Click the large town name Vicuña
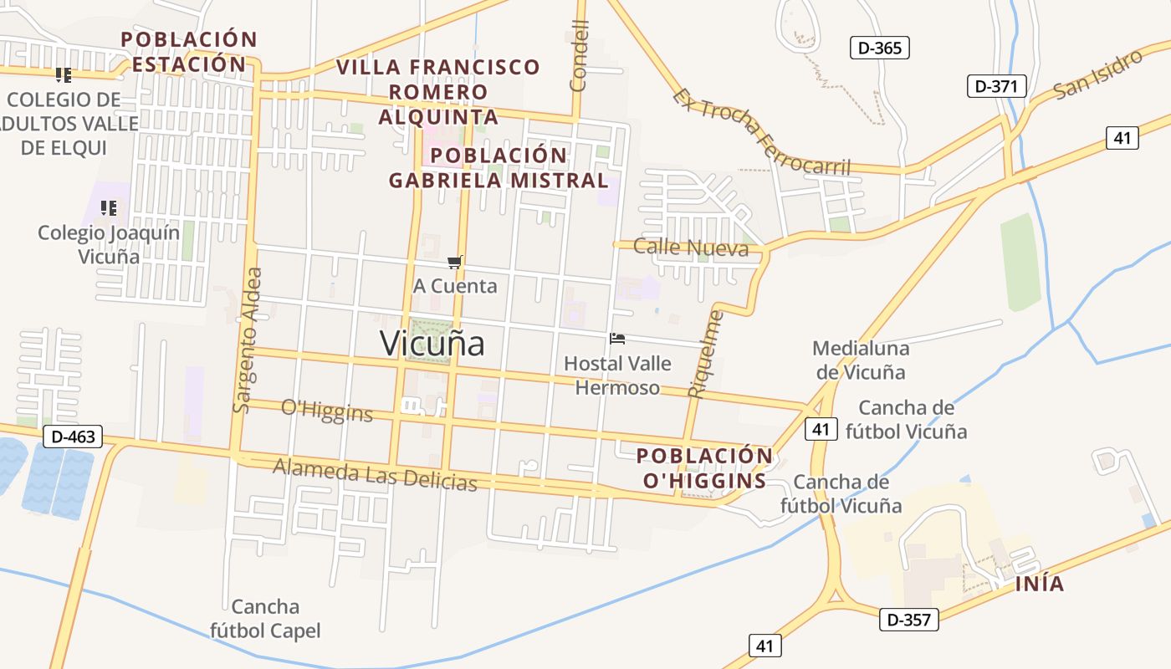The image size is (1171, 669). (x=432, y=343)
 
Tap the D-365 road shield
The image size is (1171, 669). (x=880, y=48)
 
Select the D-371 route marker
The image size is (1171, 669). (x=996, y=85)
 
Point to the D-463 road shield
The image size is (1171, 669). (x=73, y=436)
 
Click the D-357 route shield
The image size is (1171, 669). (x=909, y=620)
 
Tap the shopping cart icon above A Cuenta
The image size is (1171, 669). (x=455, y=263)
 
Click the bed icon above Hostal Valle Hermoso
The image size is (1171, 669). (x=617, y=339)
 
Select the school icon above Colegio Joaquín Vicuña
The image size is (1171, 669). (x=108, y=207)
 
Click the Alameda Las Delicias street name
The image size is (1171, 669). (x=375, y=474)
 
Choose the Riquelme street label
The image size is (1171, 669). (x=703, y=354)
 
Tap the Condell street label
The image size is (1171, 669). (x=580, y=55)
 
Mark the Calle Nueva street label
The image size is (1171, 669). (x=691, y=247)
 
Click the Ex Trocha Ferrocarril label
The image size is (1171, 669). (x=761, y=133)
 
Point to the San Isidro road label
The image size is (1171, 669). (x=1098, y=74)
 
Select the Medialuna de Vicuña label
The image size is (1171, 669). (x=861, y=360)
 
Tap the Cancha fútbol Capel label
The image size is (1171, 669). (x=265, y=618)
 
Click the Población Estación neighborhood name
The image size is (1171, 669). (x=189, y=52)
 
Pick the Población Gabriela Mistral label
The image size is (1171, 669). (x=499, y=167)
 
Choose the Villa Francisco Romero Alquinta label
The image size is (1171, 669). (x=438, y=91)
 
